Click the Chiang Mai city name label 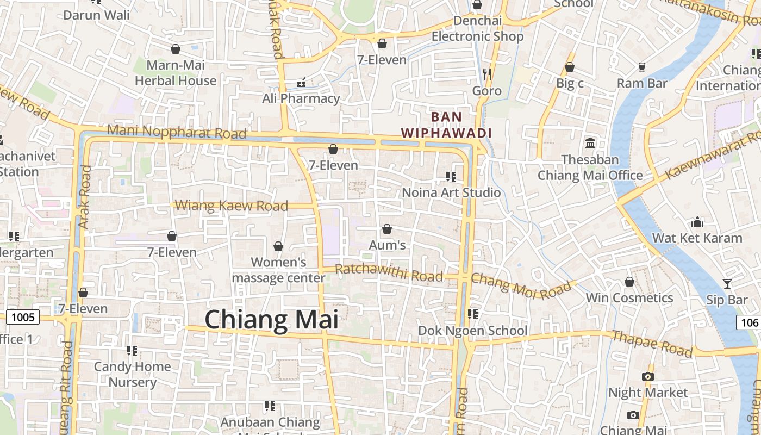(271, 319)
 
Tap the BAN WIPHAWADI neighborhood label (446, 125)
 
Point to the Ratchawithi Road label (389, 272)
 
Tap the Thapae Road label (652, 343)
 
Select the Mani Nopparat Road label (176, 132)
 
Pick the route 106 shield (749, 322)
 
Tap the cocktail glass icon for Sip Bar (727, 283)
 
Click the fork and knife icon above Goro (486, 74)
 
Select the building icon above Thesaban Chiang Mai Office (590, 143)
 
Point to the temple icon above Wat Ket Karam (697, 222)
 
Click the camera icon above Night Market (647, 376)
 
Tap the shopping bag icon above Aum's (387, 229)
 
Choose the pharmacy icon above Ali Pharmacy (301, 83)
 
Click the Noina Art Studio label (451, 192)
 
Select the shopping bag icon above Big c (570, 67)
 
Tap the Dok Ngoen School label (472, 331)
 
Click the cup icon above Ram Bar (642, 67)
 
